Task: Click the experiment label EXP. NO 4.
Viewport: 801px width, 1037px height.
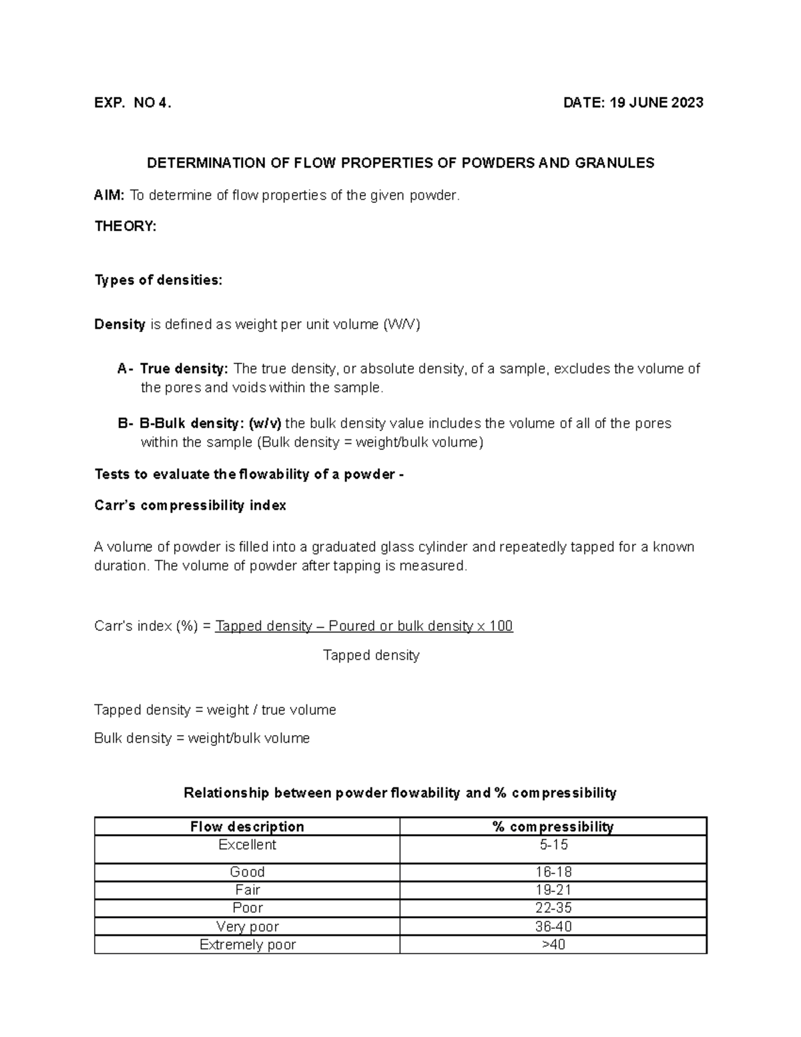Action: (x=133, y=103)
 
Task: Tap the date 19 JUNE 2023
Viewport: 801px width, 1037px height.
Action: (x=633, y=103)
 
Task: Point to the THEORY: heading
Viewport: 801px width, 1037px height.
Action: (x=125, y=226)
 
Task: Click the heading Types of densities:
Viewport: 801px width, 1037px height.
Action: (x=158, y=280)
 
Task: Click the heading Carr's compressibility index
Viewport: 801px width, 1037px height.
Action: (x=190, y=505)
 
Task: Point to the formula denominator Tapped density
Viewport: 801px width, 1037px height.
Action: (x=371, y=656)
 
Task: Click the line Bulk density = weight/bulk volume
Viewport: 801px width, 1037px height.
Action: (x=202, y=739)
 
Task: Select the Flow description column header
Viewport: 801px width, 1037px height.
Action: (x=247, y=827)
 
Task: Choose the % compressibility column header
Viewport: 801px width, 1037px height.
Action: (x=553, y=827)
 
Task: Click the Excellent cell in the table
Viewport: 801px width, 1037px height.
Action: (x=247, y=845)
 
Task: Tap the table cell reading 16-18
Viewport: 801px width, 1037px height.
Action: (x=553, y=872)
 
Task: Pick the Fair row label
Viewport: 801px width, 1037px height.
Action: (x=247, y=890)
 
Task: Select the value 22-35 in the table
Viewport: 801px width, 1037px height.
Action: (x=553, y=908)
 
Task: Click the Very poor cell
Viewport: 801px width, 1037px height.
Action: (x=247, y=927)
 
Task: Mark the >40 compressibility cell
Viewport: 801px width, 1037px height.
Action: (x=553, y=945)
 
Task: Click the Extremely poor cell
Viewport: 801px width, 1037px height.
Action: (x=247, y=945)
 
